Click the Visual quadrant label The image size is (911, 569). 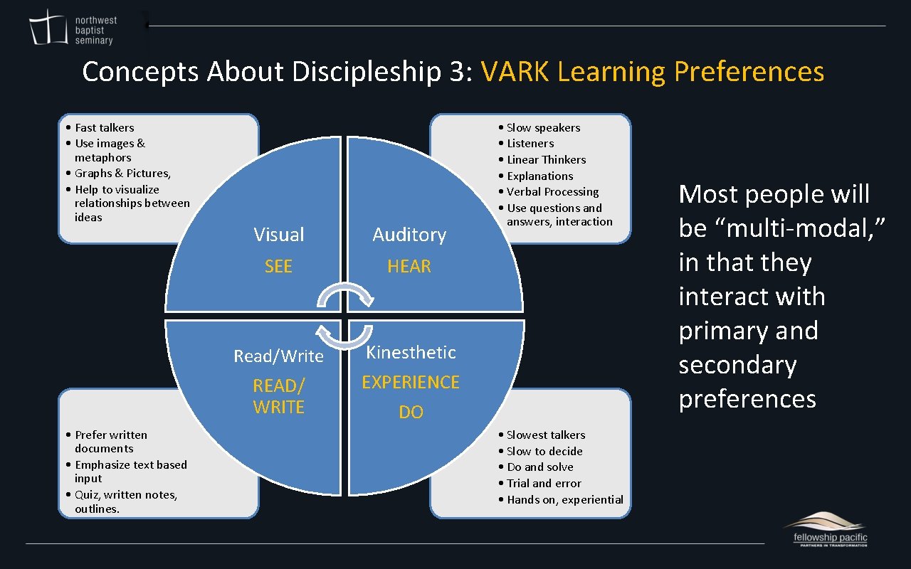(278, 235)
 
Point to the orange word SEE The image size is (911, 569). (278, 267)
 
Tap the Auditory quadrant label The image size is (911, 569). (409, 235)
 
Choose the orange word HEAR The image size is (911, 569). (409, 267)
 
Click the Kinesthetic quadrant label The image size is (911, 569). (411, 352)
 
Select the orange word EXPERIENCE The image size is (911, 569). (411, 383)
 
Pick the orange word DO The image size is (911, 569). (411, 413)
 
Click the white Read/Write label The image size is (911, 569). (278, 356)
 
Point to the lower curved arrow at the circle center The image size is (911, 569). (344, 336)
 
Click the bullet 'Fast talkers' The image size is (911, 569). (104, 128)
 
